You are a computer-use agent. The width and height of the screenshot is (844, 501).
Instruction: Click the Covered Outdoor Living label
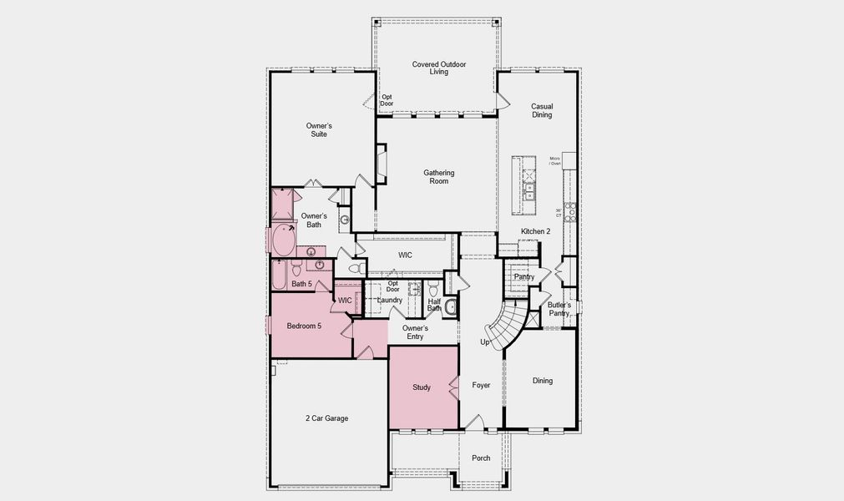pyautogui.click(x=438, y=68)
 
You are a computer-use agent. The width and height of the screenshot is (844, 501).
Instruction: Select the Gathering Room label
pyautogui.click(x=438, y=177)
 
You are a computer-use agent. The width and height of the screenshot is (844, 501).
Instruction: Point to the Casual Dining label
pyautogui.click(x=542, y=110)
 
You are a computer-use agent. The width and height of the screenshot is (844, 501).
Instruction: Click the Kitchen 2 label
pyautogui.click(x=536, y=231)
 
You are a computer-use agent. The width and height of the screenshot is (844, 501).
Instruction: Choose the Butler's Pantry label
pyautogui.click(x=559, y=310)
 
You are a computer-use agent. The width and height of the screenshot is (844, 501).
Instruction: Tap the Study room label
pyautogui.click(x=422, y=387)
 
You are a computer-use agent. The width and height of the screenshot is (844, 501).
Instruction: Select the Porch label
pyautogui.click(x=481, y=458)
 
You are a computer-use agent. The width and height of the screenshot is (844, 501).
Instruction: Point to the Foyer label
pyautogui.click(x=481, y=385)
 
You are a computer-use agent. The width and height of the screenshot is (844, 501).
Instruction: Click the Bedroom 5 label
pyautogui.click(x=304, y=326)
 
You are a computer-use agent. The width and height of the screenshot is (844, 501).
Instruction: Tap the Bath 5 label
pyautogui.click(x=301, y=284)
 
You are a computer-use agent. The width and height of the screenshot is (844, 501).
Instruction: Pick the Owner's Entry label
pyautogui.click(x=415, y=332)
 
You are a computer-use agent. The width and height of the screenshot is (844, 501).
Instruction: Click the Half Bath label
pyautogui.click(x=434, y=305)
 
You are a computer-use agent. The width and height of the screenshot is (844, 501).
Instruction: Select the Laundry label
pyautogui.click(x=390, y=300)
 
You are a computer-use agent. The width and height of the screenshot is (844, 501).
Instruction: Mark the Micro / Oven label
pyautogui.click(x=554, y=160)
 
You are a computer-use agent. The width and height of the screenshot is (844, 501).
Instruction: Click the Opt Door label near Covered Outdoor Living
pyautogui.click(x=387, y=100)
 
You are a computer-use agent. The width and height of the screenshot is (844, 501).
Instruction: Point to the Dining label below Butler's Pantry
pyautogui.click(x=543, y=381)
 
